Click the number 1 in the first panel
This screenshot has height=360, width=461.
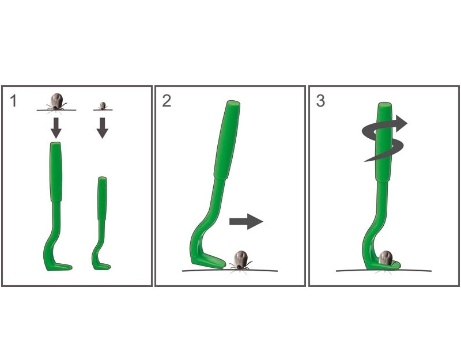13,101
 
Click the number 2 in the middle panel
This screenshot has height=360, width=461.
167,101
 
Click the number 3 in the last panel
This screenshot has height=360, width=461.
320,101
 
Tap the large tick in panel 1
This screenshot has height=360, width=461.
56,102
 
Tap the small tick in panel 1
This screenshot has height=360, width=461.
103,106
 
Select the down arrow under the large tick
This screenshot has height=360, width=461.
56,128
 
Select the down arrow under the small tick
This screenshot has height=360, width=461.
103,128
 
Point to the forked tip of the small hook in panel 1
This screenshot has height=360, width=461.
109,267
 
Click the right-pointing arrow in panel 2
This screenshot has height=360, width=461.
246,222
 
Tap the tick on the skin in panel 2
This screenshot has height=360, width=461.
241,260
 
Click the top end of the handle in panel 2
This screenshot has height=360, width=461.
233,104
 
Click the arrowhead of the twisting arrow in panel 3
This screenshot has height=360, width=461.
401,123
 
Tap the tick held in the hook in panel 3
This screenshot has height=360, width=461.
386,257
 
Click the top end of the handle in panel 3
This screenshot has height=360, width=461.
385,105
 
